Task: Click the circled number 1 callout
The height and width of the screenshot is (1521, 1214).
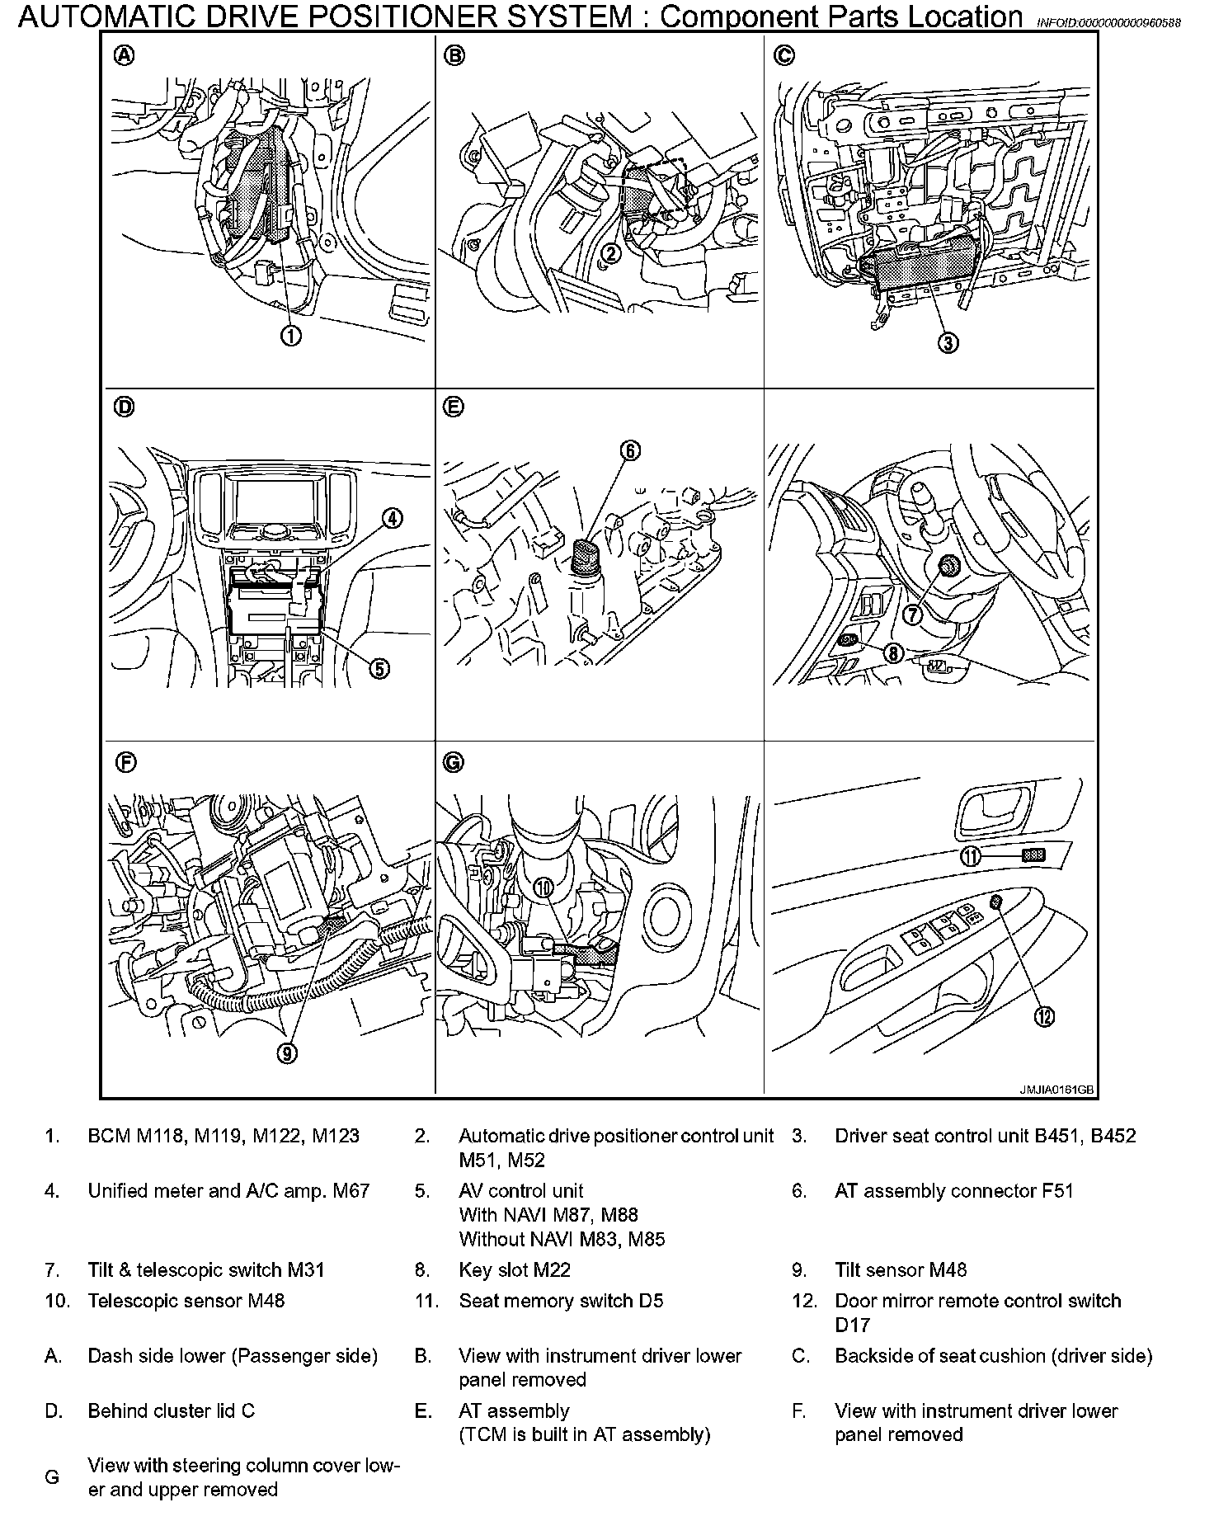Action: pyautogui.click(x=290, y=336)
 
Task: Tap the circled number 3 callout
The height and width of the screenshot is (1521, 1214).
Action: pyautogui.click(x=949, y=343)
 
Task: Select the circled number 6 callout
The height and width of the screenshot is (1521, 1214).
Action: pyautogui.click(x=630, y=450)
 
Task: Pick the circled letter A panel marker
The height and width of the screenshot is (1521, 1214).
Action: pyautogui.click(x=124, y=56)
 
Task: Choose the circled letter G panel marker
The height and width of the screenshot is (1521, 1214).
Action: pyautogui.click(x=454, y=763)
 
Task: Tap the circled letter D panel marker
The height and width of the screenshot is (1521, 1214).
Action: pyautogui.click(x=124, y=407)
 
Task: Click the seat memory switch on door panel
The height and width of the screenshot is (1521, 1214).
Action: pyautogui.click(x=1034, y=855)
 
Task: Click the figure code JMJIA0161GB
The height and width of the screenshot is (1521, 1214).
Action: pyautogui.click(x=1056, y=1090)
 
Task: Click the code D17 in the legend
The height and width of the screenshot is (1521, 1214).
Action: pyautogui.click(x=852, y=1325)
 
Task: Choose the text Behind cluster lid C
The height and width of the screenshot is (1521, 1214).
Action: pyautogui.click(x=171, y=1411)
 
